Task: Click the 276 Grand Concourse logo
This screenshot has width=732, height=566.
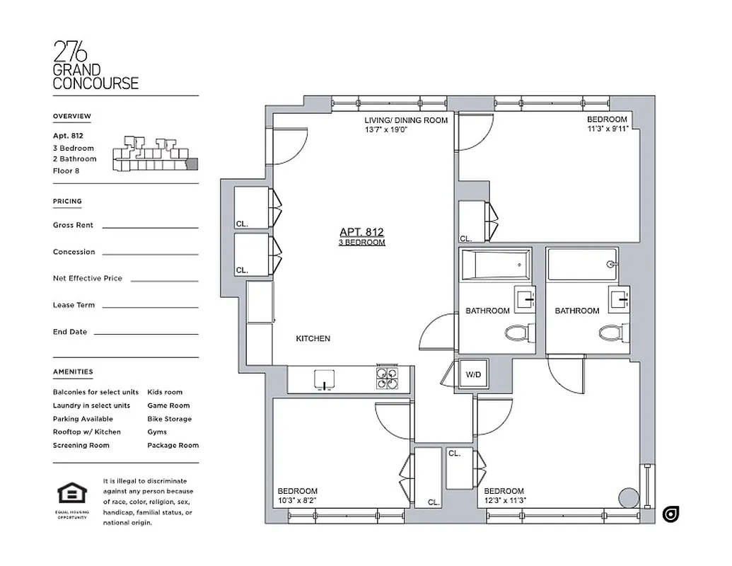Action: coord(95,65)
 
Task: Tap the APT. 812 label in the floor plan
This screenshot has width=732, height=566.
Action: coord(361,232)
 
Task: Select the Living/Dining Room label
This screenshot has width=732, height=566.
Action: coord(406,120)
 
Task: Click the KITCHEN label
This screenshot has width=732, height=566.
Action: coord(313,339)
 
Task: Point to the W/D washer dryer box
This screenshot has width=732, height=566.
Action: coord(472,375)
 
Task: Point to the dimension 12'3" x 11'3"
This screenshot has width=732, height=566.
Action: coord(505,501)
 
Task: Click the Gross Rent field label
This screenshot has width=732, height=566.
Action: coord(73,225)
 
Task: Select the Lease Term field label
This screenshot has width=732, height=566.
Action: coord(74,305)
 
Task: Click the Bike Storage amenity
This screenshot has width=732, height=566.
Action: coord(169,419)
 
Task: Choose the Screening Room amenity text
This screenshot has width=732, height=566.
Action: coord(81,445)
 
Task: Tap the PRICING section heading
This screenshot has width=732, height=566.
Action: coord(67,202)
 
